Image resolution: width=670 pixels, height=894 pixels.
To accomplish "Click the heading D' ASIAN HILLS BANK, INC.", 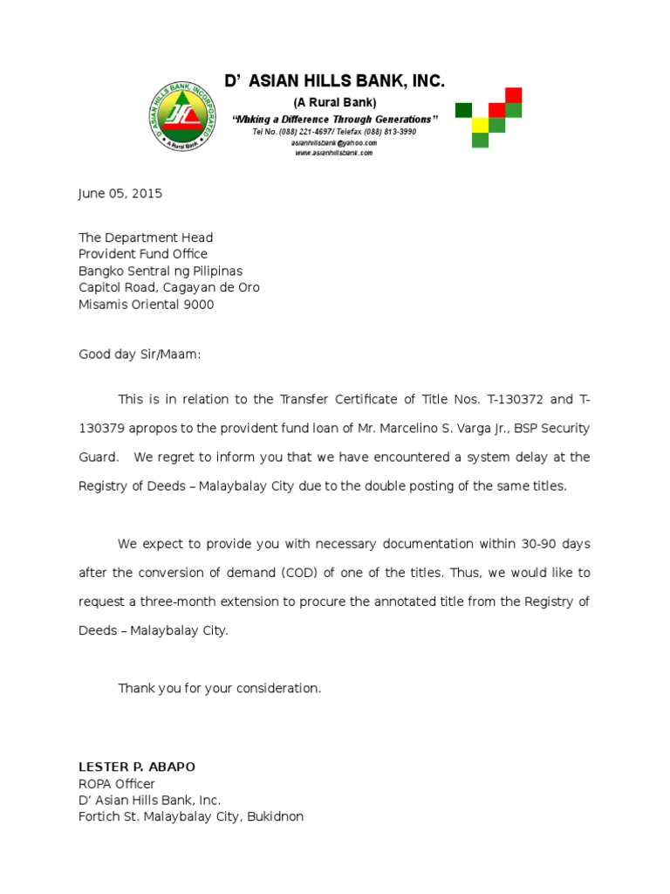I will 334,82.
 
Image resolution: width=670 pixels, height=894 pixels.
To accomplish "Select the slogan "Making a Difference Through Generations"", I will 334,119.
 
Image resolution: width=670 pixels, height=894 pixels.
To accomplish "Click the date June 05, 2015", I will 120,194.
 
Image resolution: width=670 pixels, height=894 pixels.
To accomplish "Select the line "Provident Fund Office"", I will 143,254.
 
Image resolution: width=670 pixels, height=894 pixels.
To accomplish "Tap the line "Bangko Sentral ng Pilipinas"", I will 161,271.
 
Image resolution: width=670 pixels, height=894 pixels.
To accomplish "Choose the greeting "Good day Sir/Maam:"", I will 140,354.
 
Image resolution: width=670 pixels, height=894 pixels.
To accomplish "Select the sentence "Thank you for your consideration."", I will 220,688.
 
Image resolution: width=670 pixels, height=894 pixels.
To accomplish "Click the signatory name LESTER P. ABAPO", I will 137,767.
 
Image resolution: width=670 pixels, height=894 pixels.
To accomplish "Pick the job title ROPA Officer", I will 117,783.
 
